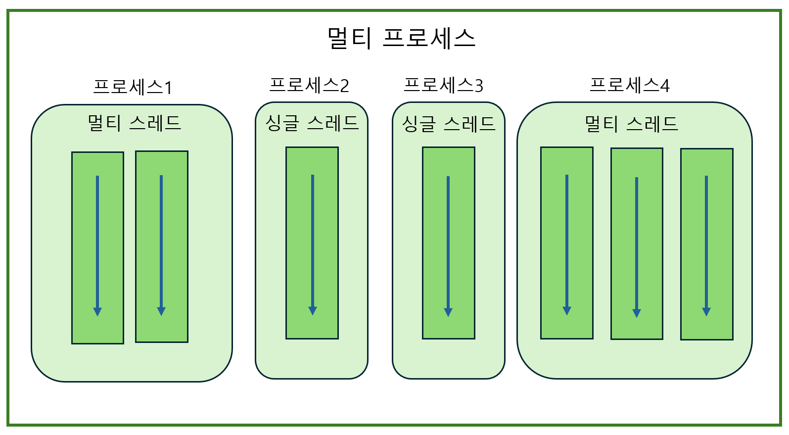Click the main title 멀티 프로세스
(x=401, y=38)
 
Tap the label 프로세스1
(x=133, y=87)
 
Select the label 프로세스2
(x=309, y=85)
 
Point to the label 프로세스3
(x=443, y=85)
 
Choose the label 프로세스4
(x=629, y=85)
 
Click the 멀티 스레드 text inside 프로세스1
(x=134, y=123)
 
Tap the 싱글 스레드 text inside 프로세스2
(x=312, y=123)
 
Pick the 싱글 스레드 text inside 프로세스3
(x=448, y=124)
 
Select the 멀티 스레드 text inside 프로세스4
(x=631, y=124)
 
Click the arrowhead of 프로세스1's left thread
(x=97, y=312)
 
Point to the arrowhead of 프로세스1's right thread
(x=161, y=311)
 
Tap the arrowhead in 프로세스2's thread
(x=313, y=311)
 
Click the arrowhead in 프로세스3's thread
(x=448, y=312)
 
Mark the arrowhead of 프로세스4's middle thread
(x=637, y=313)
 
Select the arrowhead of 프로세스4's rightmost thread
(x=706, y=312)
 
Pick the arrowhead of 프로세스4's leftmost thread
(x=567, y=311)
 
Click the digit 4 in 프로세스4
(x=665, y=86)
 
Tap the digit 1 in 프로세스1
(x=168, y=88)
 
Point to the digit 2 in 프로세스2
(x=344, y=86)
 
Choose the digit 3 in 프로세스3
(x=478, y=86)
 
